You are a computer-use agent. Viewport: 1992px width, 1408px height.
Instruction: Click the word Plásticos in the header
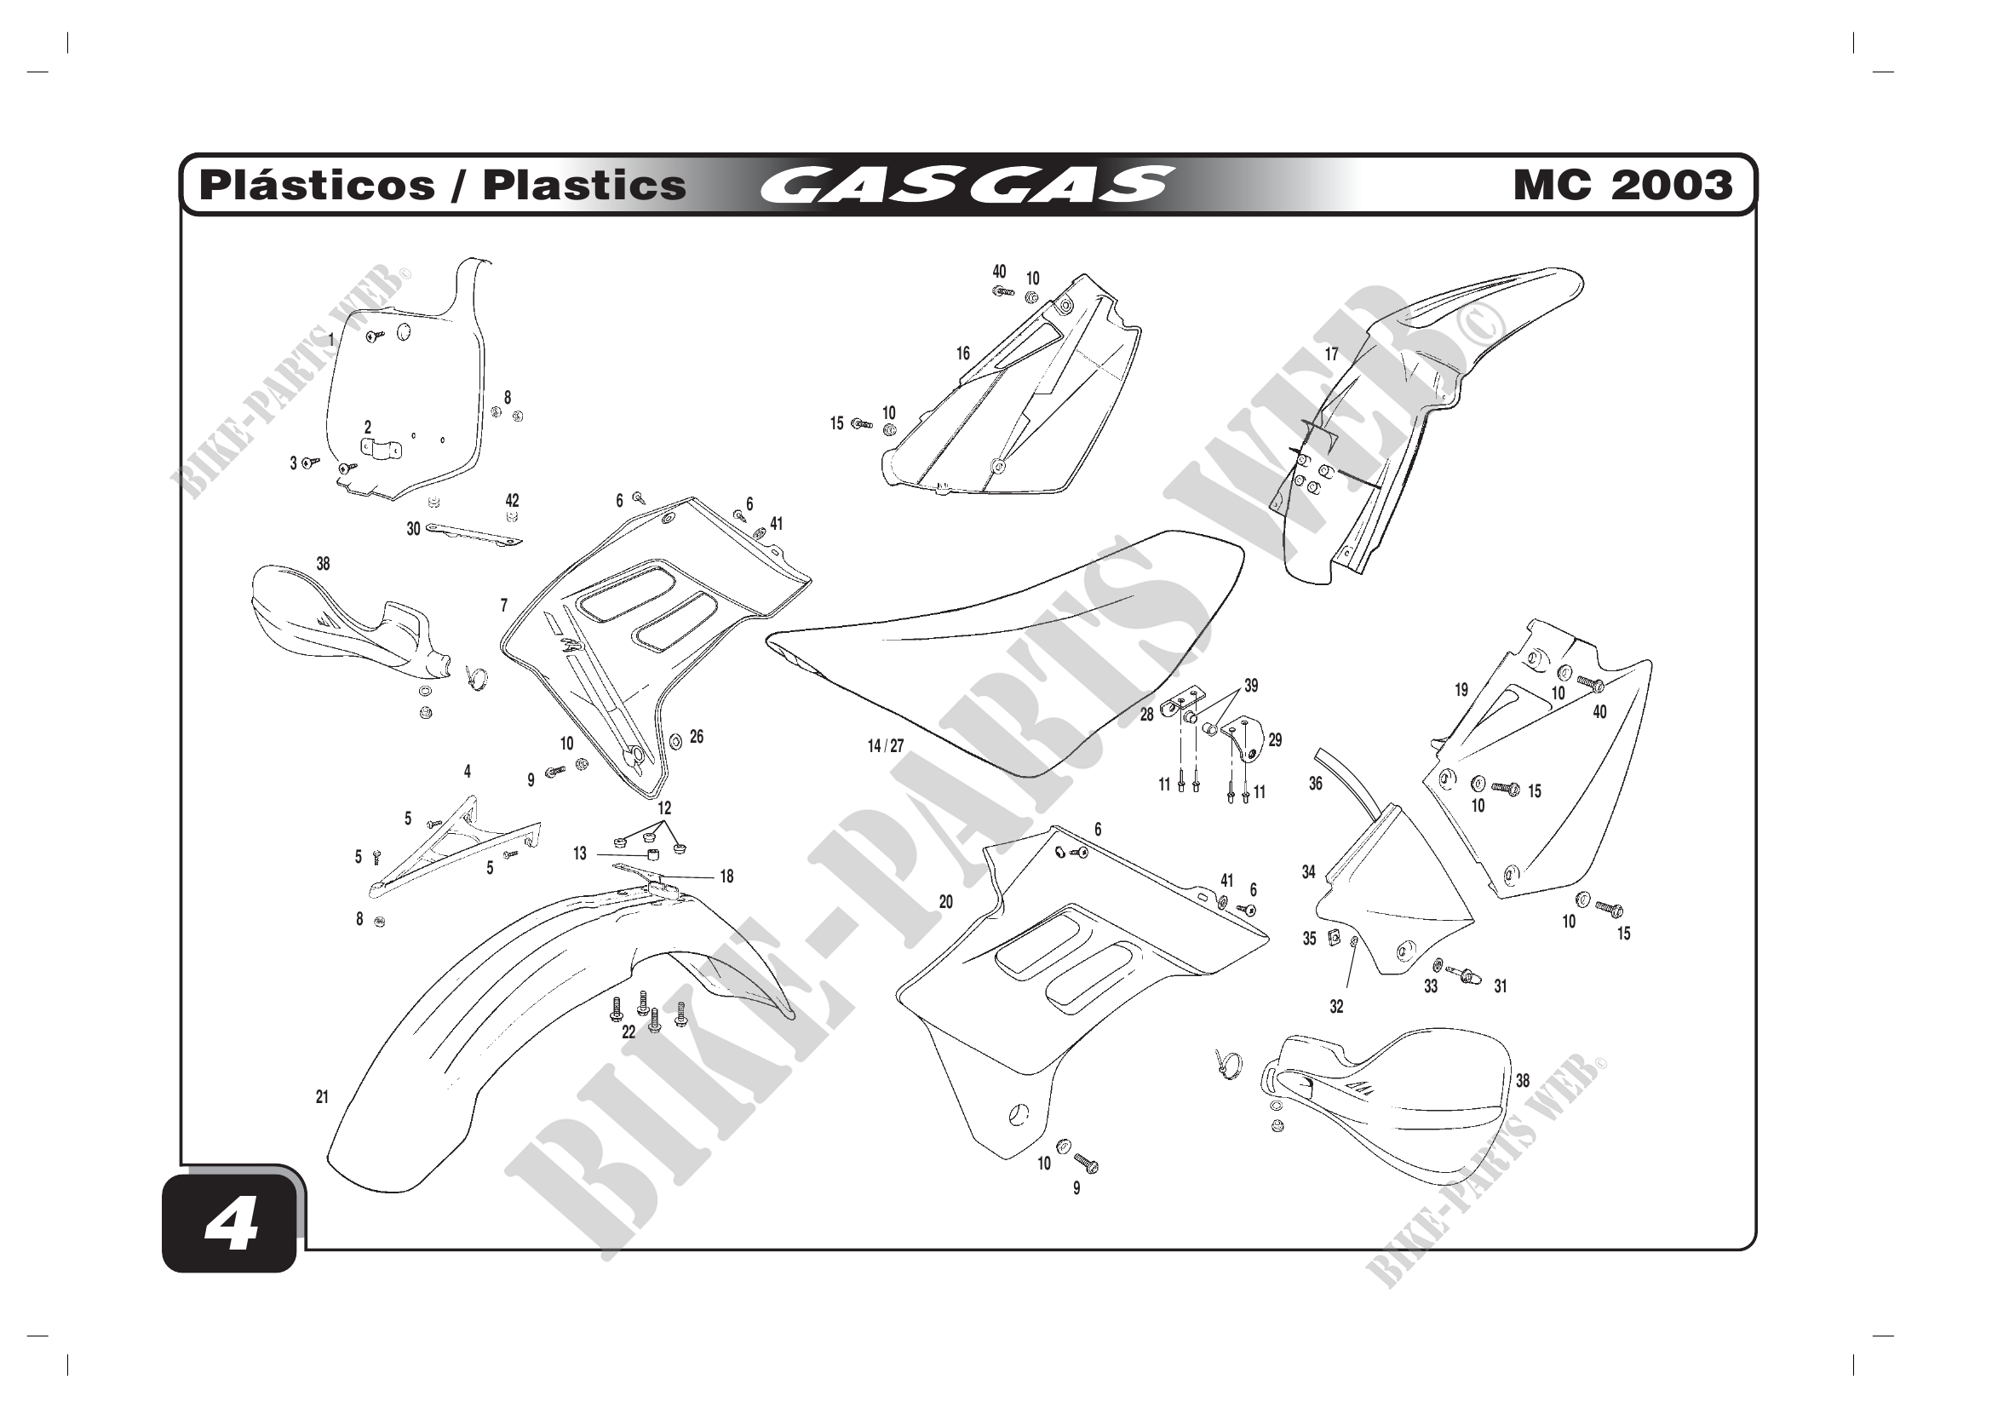[x=317, y=186]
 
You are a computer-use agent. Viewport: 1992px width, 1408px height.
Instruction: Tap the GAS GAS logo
[x=967, y=185]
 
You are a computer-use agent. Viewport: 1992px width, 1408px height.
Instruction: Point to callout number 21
[x=322, y=1097]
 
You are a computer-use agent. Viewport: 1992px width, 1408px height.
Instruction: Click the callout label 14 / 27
[x=886, y=746]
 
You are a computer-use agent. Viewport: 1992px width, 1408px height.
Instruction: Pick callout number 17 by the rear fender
[x=1331, y=354]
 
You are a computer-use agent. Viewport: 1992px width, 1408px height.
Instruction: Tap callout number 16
[x=963, y=353]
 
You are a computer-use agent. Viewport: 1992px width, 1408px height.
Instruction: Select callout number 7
[x=504, y=606]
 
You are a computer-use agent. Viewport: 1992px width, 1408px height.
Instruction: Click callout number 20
[x=945, y=902]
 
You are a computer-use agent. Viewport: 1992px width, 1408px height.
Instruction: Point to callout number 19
[x=1462, y=690]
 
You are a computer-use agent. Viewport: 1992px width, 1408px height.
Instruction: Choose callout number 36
[x=1315, y=784]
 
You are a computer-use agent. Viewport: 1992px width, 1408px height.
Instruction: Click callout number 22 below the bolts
[x=629, y=1032]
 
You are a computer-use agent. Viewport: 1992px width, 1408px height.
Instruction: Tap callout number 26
[x=697, y=737]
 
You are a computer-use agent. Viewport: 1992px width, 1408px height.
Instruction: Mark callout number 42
[x=512, y=501]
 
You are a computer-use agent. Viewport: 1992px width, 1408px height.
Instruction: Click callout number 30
[x=414, y=529]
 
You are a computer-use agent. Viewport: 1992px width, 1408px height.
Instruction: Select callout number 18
[x=726, y=877]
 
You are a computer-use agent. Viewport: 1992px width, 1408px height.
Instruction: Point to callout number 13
[x=580, y=853]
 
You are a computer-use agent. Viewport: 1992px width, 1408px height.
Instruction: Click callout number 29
[x=1276, y=740]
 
